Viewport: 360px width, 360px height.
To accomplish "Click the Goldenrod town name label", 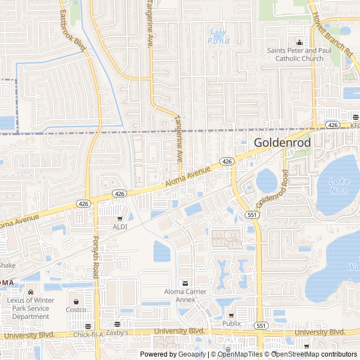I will tap(282, 142).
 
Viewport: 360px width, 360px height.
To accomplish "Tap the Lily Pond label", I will tap(218, 36).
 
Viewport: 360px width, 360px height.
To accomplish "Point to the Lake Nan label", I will tap(339, 186).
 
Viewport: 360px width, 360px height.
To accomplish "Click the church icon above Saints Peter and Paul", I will tap(299, 42).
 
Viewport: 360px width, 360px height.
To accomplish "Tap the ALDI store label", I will tap(120, 227).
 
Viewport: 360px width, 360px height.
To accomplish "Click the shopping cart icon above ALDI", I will tap(120, 218).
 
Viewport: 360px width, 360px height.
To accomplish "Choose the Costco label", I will tap(76, 309).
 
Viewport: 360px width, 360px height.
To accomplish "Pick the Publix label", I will tap(231, 323).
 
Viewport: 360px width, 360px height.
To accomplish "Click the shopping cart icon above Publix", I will tap(231, 315).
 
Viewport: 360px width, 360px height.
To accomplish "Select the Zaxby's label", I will tap(117, 332).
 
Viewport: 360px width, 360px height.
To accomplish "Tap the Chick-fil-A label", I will tap(89, 335).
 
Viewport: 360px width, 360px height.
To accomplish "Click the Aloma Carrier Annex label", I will tap(185, 295).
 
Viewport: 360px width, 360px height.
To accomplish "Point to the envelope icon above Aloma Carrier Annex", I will tap(185, 283).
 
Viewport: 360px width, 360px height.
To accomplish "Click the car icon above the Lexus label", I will tap(30, 292).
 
